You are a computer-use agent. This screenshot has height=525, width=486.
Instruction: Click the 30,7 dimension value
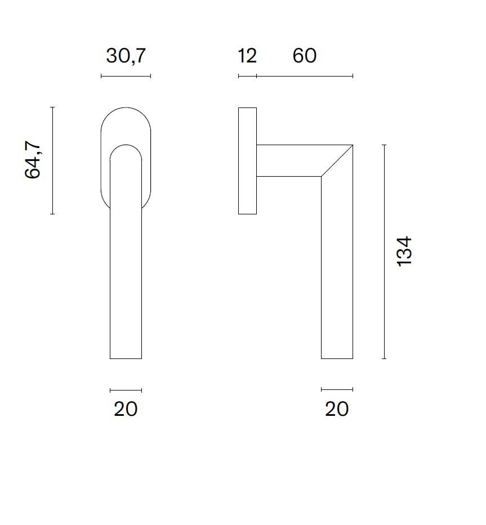point(126,56)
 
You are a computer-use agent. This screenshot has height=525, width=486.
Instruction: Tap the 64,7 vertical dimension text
point(33,160)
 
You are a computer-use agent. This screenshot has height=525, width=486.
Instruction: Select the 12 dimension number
point(247,56)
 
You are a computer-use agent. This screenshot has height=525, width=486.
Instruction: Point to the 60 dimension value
point(304,56)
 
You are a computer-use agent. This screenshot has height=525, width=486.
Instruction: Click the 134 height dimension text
point(404,252)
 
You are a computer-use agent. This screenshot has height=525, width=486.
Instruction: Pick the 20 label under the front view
point(126,409)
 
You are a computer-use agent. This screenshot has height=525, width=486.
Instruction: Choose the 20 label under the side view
point(337,409)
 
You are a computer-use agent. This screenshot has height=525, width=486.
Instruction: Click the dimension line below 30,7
point(126,76)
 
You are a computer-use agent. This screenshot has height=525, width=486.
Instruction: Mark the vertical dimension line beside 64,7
point(52,160)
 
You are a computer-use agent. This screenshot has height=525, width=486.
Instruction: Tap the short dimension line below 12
point(247,76)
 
